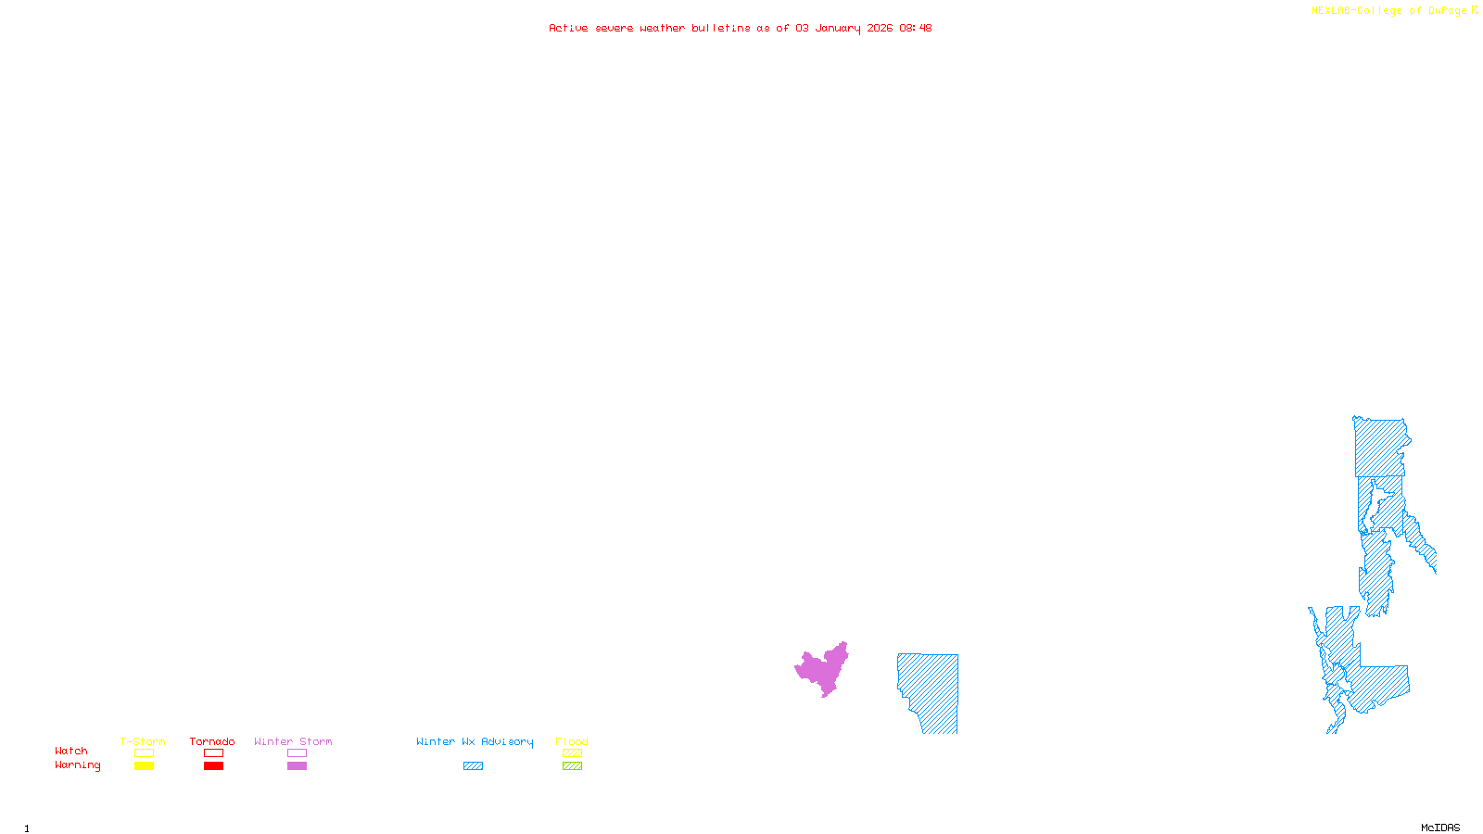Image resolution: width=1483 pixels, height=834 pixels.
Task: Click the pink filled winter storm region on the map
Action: coord(822,668)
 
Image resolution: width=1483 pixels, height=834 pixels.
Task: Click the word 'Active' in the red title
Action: coord(567,28)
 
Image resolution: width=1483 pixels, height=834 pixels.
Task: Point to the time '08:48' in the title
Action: coord(915,28)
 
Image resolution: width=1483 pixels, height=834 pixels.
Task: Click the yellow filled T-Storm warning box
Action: coord(144,766)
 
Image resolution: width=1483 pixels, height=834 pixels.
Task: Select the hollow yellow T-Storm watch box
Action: coord(144,753)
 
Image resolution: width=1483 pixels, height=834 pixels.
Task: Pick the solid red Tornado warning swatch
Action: coord(213,766)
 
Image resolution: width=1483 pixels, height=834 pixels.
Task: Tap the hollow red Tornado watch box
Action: coord(213,753)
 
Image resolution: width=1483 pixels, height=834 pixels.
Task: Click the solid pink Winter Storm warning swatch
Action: coord(297,766)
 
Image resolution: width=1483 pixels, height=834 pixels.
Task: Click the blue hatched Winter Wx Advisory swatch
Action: coord(473,766)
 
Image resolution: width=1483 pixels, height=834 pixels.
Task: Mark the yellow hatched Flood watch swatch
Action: coord(572,753)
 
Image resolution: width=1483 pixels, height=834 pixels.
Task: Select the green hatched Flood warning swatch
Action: coord(572,766)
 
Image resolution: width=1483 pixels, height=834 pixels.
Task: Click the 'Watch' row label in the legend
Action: coord(71,752)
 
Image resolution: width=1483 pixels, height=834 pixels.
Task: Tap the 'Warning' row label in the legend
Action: coord(77,765)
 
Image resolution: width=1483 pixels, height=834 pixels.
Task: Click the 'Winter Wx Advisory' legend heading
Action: coord(475,741)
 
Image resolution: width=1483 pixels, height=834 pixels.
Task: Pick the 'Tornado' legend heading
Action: coord(212,741)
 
